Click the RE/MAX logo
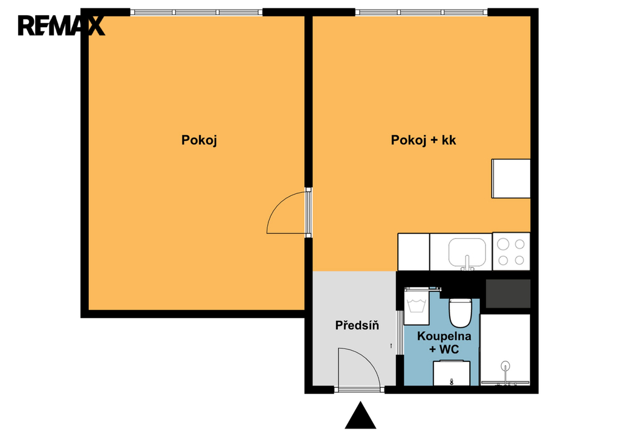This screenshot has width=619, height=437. [61, 25]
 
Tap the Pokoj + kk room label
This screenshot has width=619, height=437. [423, 140]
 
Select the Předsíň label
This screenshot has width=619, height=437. [357, 325]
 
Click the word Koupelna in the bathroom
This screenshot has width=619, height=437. [444, 336]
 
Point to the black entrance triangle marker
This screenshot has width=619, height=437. [360, 415]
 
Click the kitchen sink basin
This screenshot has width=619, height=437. [467, 252]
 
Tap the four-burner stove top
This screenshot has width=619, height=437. [511, 251]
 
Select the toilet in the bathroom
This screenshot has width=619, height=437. [460, 312]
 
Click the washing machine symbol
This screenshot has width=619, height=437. [416, 306]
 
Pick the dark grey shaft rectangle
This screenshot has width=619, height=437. [508, 294]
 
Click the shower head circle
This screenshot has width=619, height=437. [505, 366]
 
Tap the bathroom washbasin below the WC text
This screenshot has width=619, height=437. [452, 373]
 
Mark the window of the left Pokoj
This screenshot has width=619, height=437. [196, 12]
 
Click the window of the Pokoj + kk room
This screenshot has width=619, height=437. [421, 12]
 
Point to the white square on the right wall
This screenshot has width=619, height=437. [511, 178]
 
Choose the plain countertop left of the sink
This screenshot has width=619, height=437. [413, 252]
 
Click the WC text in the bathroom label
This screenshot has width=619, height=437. [449, 349]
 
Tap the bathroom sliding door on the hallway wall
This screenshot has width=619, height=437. [400, 332]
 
